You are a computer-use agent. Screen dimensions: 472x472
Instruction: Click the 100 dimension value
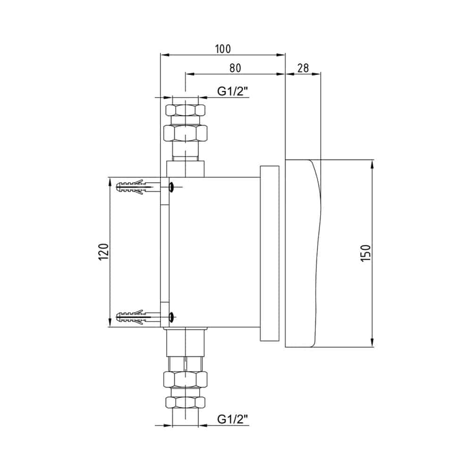(x=223, y=49)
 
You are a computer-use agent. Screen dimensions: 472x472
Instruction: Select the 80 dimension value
(x=236, y=68)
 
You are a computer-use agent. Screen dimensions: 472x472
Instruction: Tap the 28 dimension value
(x=303, y=68)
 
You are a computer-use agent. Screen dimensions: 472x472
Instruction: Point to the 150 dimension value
(x=366, y=253)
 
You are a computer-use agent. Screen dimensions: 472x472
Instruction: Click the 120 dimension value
(x=103, y=252)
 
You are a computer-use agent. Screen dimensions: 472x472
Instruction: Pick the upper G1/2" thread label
(x=233, y=91)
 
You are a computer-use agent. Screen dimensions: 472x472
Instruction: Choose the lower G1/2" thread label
(x=233, y=419)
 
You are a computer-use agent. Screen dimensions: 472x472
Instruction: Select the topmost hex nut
(x=185, y=110)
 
